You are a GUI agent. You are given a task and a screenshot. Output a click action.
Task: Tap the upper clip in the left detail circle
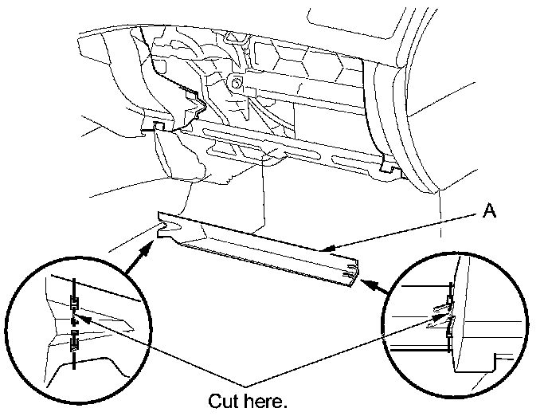74,303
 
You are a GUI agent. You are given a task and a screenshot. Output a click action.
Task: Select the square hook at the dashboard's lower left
158,126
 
